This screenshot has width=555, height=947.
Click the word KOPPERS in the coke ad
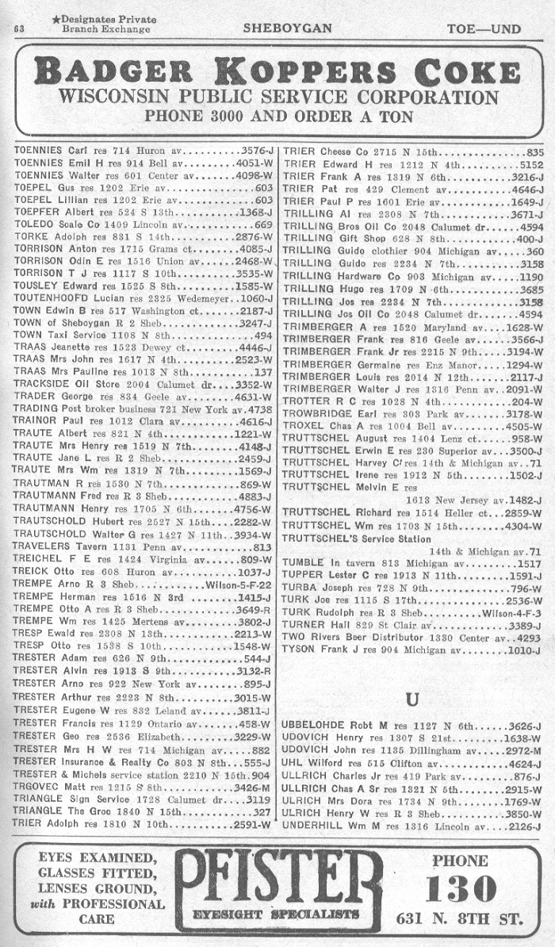308,72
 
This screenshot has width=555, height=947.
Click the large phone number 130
465,889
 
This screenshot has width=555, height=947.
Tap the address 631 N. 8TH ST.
459,920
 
